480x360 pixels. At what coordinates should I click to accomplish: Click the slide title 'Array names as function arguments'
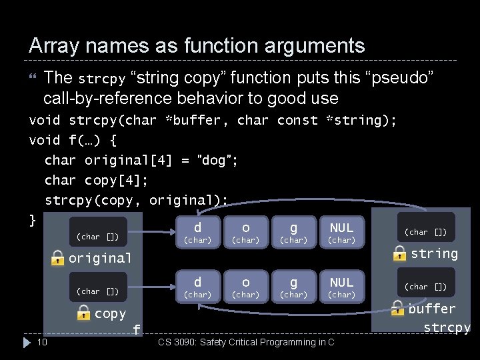(197, 46)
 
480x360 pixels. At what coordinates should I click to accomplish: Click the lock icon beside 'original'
(58, 258)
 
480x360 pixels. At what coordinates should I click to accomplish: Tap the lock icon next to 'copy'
(83, 312)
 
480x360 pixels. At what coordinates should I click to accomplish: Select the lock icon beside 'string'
(400, 253)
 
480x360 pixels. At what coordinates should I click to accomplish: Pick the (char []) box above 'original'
(98, 235)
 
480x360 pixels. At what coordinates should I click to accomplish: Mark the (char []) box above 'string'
(426, 231)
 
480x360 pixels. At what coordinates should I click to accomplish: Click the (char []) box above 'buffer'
(426, 286)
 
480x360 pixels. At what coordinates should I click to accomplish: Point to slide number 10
(41, 343)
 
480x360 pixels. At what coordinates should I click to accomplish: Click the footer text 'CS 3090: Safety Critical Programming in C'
(246, 343)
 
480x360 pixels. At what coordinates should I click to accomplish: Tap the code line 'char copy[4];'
(96, 180)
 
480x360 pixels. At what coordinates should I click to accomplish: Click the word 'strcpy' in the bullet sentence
(101, 79)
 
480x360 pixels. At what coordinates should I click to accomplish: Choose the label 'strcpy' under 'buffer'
(447, 328)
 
